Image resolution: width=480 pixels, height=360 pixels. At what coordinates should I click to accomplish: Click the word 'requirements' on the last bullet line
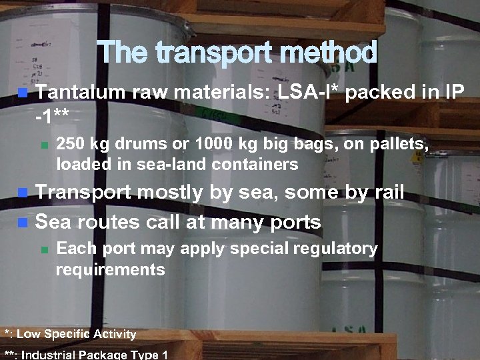pos(111,269)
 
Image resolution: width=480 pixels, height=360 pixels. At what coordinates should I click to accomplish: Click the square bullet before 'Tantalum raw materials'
pos(23,92)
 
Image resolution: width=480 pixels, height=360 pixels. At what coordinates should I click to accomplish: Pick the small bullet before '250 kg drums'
pos(45,145)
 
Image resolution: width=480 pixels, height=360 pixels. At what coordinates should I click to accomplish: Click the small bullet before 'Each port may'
pos(45,250)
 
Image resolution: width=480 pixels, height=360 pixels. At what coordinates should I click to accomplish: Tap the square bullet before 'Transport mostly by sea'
pos(23,193)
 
